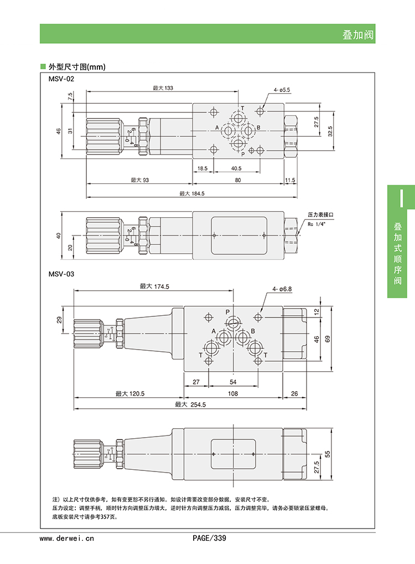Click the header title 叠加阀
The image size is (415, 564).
[x=358, y=35]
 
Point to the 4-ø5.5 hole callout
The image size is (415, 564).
[x=282, y=89]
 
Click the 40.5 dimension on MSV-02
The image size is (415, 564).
[x=236, y=168]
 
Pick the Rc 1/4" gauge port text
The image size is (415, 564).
[x=318, y=224]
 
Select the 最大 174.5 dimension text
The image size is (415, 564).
[x=154, y=286]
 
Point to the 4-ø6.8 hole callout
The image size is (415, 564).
[x=282, y=289]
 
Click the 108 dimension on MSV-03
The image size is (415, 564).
[x=233, y=393]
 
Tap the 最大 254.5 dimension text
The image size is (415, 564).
[x=190, y=405]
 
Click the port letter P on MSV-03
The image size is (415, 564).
[x=227, y=312]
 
